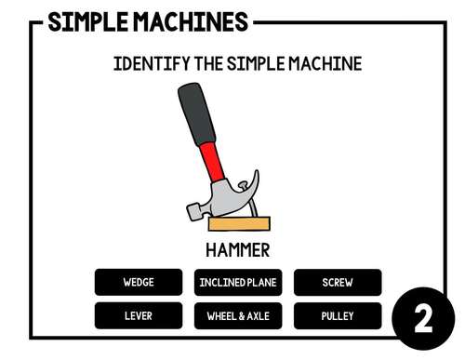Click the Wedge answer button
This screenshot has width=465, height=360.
(x=138, y=282)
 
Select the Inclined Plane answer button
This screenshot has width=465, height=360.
(x=237, y=282)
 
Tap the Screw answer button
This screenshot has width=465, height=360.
(x=337, y=282)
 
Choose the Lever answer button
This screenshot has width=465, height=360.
(x=138, y=315)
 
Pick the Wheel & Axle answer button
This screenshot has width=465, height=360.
(x=237, y=315)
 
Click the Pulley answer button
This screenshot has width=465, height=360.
(x=337, y=315)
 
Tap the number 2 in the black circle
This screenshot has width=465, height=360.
(x=423, y=319)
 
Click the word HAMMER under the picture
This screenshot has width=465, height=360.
(x=237, y=249)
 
